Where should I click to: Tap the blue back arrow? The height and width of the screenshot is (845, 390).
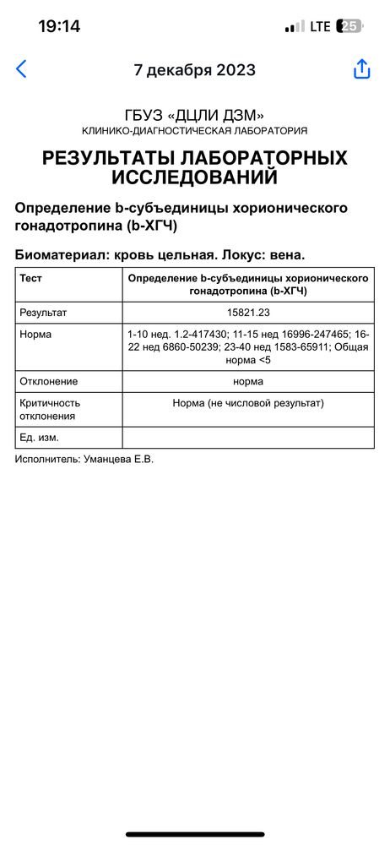21,69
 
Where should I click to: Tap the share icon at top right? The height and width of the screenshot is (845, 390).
362,69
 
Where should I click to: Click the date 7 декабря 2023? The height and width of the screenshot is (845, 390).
195,70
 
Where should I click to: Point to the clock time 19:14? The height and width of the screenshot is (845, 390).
59,26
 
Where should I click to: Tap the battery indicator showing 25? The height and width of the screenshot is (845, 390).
349,26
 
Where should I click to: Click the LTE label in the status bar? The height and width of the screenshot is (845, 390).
321,26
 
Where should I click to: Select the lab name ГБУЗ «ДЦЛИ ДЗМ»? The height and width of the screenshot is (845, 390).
195,115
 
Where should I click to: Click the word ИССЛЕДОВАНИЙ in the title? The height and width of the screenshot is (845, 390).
195,177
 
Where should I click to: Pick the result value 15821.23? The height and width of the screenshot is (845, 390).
248,313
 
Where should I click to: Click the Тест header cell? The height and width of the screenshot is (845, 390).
31,277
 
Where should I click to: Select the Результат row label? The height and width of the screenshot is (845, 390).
43,313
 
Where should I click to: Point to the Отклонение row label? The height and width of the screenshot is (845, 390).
49,381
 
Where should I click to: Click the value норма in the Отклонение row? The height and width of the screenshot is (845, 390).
248,381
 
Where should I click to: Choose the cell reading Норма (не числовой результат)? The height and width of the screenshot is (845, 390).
248,403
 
